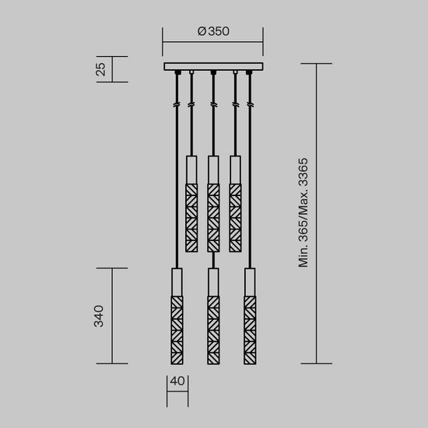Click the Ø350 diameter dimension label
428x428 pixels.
point(213,32)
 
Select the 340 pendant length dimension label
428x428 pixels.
point(100,316)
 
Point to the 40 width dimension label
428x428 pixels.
point(177,382)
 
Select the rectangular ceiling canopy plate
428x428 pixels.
point(213,66)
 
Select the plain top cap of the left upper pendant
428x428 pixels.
point(191,170)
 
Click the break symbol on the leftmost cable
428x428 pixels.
point(177,103)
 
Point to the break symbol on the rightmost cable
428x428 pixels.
point(250,103)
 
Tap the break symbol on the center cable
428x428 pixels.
point(213,103)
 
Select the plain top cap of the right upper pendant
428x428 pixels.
point(235,170)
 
